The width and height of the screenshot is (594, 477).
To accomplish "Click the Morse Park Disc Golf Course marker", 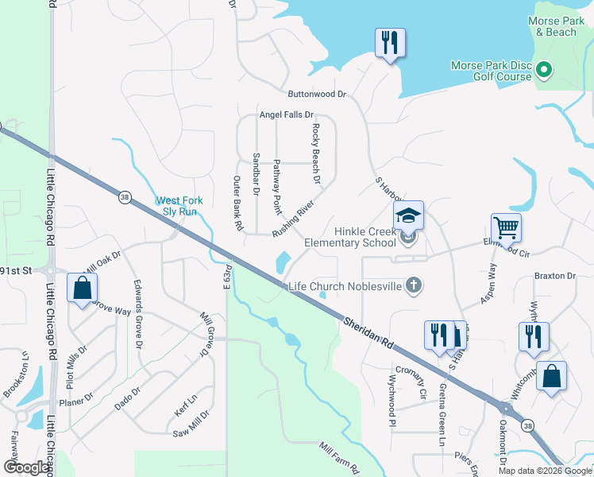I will click(544, 71).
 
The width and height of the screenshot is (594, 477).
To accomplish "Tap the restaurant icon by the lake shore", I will click(390, 42).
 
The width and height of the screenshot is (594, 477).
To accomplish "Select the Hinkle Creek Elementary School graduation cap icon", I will click(408, 215).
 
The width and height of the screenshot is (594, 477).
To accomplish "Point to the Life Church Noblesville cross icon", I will click(413, 285).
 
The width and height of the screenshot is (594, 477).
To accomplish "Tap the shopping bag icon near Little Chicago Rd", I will click(82, 288).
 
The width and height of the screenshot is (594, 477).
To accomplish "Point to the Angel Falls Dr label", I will click(287, 115).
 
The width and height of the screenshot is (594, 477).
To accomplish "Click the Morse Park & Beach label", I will click(555, 26).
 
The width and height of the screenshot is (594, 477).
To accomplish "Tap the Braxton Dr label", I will click(554, 276).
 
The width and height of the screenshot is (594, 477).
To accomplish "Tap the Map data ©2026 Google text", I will click(544, 471).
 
